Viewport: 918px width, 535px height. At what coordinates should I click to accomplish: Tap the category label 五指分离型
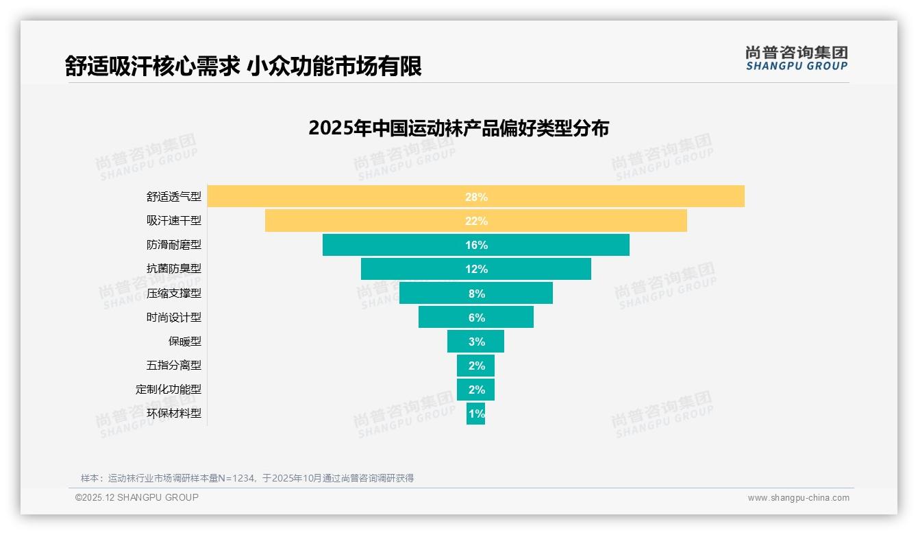(x=174, y=366)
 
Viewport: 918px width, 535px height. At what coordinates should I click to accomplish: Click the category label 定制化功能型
(x=169, y=390)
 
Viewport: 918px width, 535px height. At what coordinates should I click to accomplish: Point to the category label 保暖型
(x=185, y=342)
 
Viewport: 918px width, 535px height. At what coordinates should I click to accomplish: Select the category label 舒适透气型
(x=174, y=197)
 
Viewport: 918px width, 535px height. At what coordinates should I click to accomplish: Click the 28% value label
(x=476, y=197)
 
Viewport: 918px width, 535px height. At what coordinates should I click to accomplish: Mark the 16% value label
(x=476, y=245)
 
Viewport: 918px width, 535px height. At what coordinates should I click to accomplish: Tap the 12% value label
(x=476, y=269)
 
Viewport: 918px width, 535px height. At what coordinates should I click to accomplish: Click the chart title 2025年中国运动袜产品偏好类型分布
(x=458, y=128)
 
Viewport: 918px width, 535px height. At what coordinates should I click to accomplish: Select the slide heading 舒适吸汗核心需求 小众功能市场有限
(x=243, y=66)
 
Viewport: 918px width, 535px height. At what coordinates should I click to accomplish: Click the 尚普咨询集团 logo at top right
(x=797, y=58)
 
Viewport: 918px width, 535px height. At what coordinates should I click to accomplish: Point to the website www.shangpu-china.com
(x=798, y=498)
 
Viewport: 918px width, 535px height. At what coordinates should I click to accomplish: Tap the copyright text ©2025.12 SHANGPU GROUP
(x=137, y=497)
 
